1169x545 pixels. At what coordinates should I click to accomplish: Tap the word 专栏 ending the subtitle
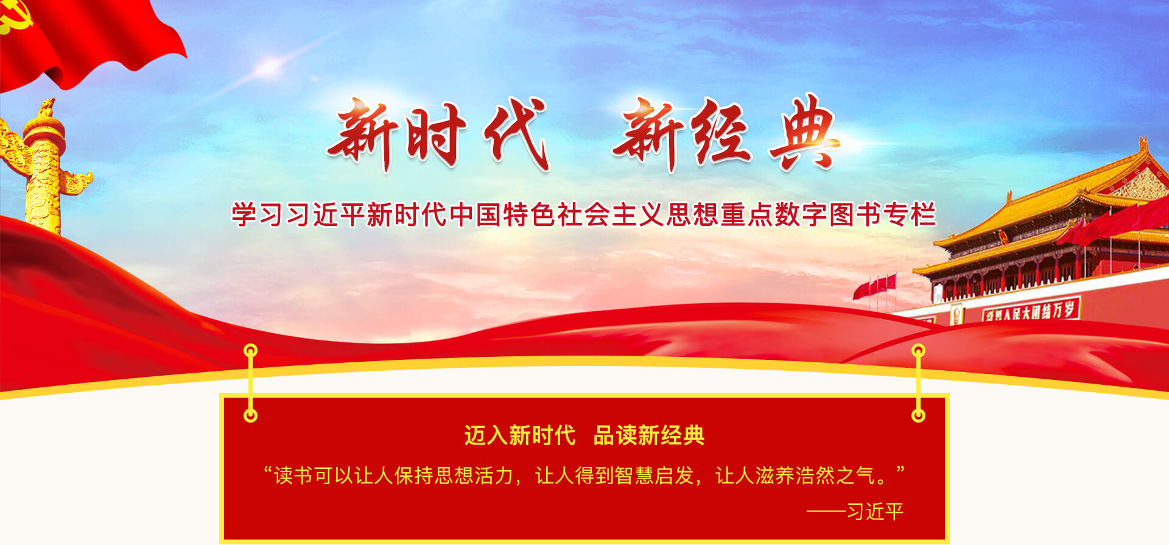coord(909,214)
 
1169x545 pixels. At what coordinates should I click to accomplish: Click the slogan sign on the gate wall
coord(1031,310)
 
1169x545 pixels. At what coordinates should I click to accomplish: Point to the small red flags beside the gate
coord(874,286)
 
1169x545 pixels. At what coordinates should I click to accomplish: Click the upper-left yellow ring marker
coord(250,351)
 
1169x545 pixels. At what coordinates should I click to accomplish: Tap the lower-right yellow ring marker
coord(918,415)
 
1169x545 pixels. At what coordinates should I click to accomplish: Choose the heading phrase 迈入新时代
coord(520,435)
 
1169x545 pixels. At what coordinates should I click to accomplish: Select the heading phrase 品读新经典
coord(649,435)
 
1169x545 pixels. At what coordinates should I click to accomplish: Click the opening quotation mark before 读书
coord(268,470)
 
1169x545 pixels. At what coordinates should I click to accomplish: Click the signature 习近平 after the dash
coord(875,512)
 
